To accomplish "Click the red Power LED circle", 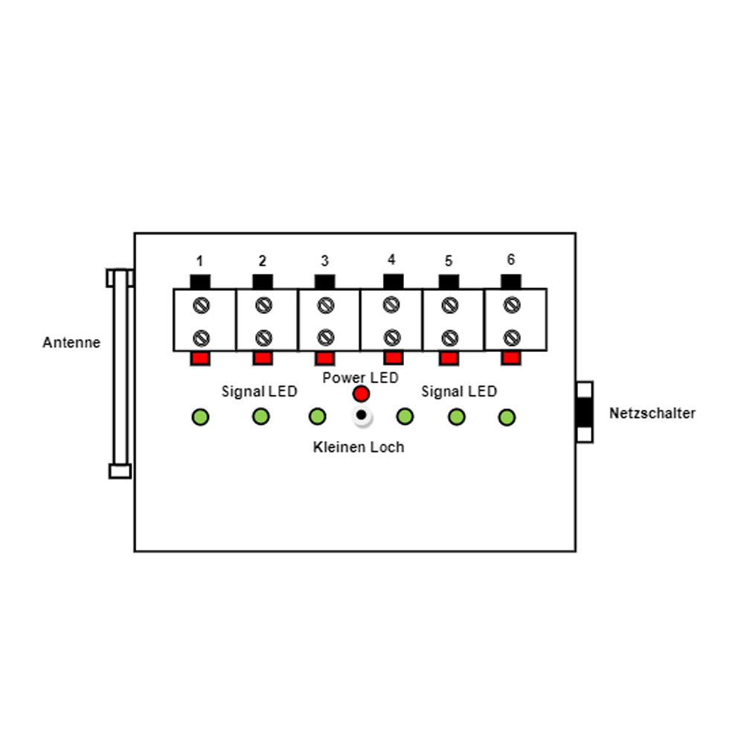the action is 361,394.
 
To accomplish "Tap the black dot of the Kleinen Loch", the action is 361,415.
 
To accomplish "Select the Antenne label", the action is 71,342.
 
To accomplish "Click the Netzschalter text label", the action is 652,413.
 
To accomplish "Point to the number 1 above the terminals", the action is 199,260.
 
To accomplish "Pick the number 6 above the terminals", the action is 510,259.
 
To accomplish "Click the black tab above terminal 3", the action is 324,281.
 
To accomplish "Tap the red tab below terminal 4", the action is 394,357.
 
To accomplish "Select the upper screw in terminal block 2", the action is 263,305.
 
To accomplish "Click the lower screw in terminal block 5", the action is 449,338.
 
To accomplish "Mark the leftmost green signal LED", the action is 200,417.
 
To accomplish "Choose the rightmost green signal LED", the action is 507,417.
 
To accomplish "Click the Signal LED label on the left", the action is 259,391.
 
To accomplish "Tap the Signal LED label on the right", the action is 459,391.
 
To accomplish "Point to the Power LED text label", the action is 360,378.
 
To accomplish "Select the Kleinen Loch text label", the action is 359,447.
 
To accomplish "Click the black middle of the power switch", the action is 584,412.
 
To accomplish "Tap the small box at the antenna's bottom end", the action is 120,471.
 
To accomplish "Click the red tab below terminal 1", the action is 199,359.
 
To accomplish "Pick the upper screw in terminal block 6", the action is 512,304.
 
